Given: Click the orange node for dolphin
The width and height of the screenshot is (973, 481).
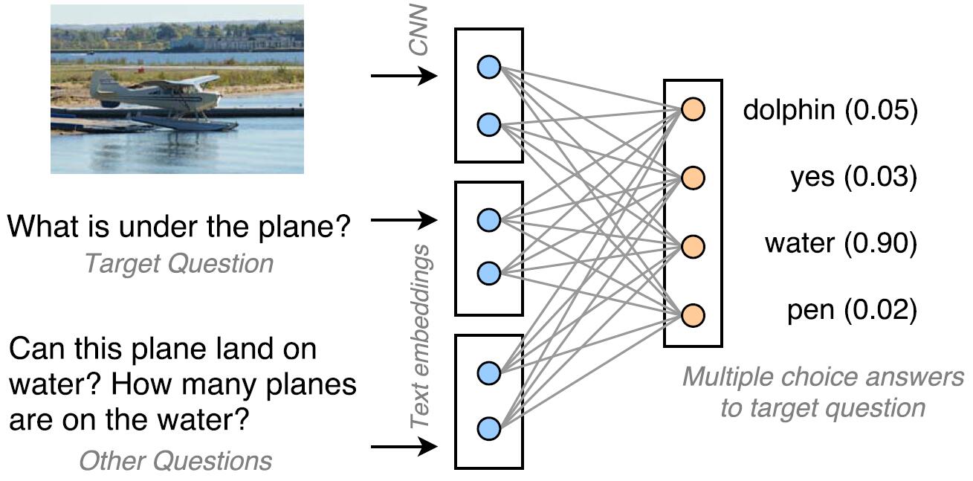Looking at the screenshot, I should (x=692, y=109).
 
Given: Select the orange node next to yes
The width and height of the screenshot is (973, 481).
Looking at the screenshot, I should (x=692, y=178).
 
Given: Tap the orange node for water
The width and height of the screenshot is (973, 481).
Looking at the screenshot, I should (x=692, y=246).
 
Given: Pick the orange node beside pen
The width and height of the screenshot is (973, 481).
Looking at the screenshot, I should (x=692, y=314).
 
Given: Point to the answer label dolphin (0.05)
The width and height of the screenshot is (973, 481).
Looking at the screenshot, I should (x=830, y=111).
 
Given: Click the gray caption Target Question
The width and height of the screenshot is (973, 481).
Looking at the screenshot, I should (x=178, y=263).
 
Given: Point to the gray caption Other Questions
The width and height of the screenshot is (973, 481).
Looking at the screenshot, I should (x=175, y=461).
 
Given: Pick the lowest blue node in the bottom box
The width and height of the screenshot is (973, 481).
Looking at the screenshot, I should (x=488, y=429).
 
